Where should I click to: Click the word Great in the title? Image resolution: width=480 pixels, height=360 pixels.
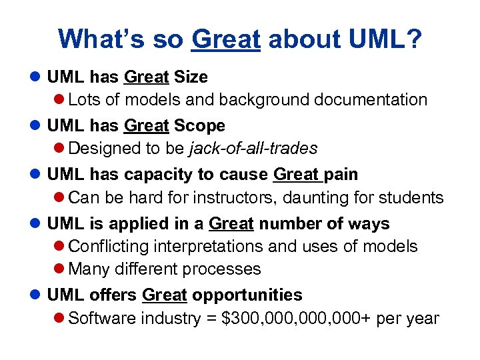point(225,39)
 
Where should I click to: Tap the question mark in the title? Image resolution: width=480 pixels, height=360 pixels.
point(414,39)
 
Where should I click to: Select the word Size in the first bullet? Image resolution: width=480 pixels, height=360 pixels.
point(191,77)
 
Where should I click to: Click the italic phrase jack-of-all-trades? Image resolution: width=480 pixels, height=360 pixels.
point(253,148)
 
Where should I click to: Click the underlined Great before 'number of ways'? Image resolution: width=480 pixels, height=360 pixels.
point(231,223)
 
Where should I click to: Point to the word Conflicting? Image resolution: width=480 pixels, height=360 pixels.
point(109,246)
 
